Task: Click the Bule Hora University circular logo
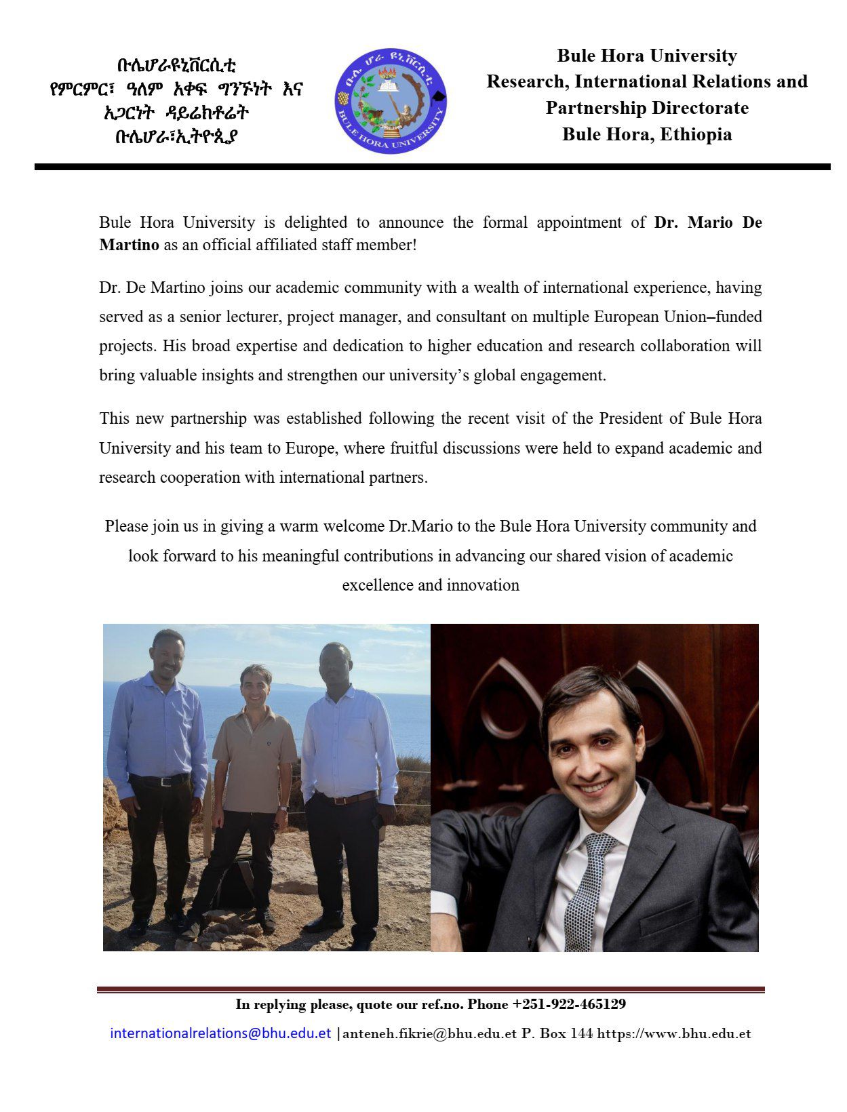[x=391, y=100]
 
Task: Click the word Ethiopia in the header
[x=696, y=134]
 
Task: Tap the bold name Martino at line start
[x=129, y=245]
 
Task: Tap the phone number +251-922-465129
[x=569, y=1004]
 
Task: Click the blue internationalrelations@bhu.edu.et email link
[x=220, y=1033]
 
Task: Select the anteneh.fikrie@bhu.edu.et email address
[x=430, y=1034]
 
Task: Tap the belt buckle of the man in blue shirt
[x=163, y=781]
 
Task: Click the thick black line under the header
[x=432, y=167]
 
